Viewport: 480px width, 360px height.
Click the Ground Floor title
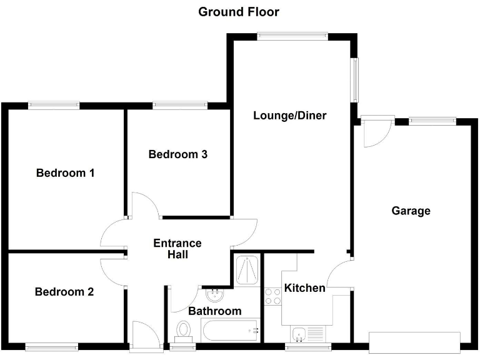click(239, 12)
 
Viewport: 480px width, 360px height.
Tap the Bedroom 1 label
click(65, 173)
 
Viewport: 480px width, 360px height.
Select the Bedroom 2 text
click(64, 292)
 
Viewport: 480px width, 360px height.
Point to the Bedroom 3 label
click(177, 154)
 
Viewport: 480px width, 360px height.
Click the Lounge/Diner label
click(290, 116)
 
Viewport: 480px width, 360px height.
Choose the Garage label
click(411, 211)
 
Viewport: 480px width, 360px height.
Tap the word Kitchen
click(304, 288)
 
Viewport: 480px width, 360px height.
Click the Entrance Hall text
click(177, 249)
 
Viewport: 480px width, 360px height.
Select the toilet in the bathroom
click(184, 329)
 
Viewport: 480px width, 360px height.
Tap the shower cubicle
click(246, 269)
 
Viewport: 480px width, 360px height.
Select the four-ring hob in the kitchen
click(273, 296)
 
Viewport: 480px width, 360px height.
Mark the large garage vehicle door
click(414, 342)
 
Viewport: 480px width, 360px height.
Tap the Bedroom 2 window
click(52, 346)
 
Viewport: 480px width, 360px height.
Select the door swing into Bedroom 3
click(145, 204)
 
